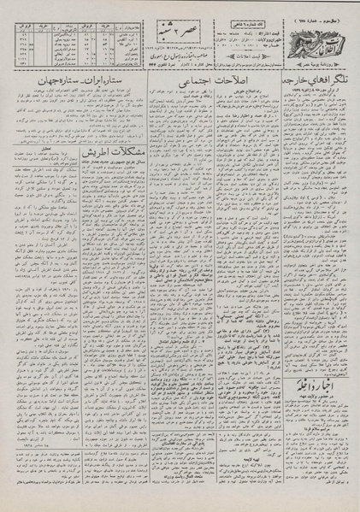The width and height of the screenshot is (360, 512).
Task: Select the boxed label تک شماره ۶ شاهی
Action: point(243,8)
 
